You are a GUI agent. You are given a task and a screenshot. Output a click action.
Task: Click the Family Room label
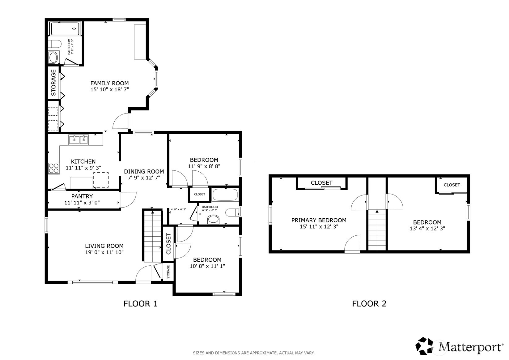point(109,83)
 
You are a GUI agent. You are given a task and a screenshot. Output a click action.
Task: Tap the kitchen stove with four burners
point(54,169)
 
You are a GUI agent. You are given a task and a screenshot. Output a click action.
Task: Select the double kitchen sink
point(78,139)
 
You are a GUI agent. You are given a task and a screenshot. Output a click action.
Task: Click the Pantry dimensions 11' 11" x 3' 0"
point(82,203)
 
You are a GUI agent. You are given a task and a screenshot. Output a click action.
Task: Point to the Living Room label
point(104,246)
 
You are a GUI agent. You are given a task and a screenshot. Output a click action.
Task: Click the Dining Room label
point(144,171)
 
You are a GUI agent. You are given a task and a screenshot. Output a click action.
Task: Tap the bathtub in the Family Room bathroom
point(65,29)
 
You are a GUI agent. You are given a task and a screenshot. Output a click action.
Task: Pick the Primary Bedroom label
point(319,220)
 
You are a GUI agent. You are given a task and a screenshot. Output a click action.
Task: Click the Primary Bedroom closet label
point(321,183)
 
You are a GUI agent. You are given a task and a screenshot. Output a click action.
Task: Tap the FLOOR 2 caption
point(369,304)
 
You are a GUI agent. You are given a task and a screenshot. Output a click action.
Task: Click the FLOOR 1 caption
point(140,304)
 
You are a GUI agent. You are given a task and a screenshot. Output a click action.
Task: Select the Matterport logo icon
point(424,346)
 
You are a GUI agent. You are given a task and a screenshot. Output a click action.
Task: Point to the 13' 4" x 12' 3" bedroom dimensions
point(427,229)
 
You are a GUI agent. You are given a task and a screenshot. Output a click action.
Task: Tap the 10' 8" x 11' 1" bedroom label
point(207,260)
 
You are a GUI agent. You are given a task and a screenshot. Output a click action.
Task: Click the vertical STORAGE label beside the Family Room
point(53,83)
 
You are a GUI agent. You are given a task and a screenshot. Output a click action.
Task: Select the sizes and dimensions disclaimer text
point(254,353)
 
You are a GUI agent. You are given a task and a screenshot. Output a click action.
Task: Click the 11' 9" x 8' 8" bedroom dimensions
point(204,166)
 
